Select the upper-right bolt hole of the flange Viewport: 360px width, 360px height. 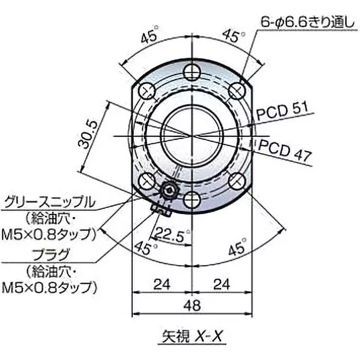point(236,91)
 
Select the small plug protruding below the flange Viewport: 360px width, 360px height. point(160,208)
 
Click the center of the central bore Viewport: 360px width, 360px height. point(192,135)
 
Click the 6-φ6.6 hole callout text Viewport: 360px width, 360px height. point(306,22)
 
